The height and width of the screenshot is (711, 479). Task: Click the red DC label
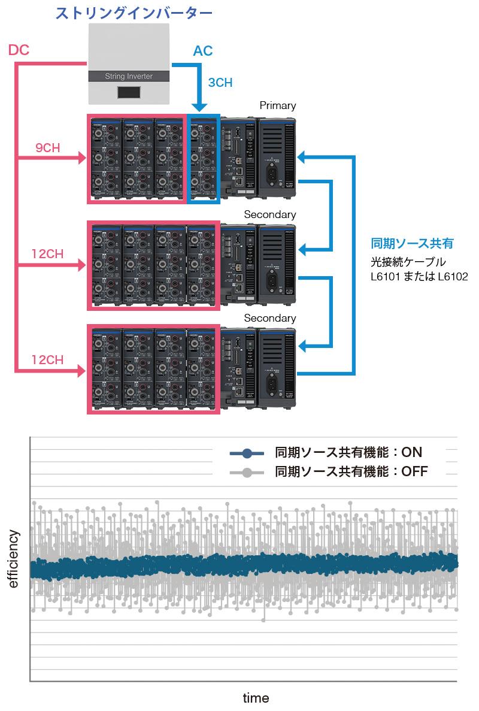(20, 50)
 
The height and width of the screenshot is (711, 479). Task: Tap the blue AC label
(202, 51)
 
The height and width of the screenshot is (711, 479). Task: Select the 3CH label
(220, 83)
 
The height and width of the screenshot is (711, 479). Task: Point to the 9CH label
(47, 148)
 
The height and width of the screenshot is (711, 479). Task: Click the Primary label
(278, 105)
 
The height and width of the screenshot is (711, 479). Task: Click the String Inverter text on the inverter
(129, 76)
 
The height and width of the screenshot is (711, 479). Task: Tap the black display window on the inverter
(129, 92)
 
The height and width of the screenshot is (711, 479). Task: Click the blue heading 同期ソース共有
(412, 244)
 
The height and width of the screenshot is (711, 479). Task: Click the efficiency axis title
(13, 558)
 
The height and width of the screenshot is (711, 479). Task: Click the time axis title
(256, 698)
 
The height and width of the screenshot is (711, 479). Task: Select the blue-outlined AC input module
(204, 159)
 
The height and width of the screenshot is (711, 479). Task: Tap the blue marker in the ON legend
(246, 453)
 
